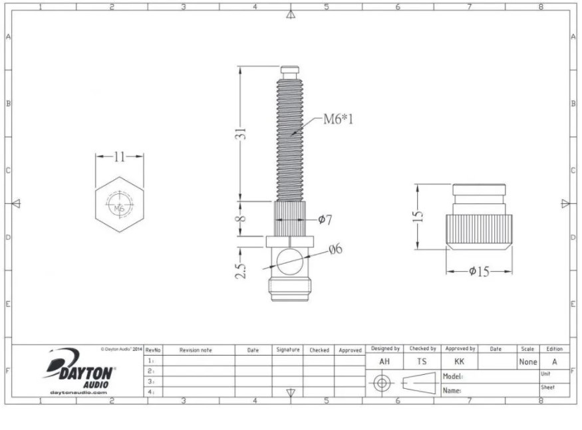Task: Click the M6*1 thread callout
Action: click(x=338, y=120)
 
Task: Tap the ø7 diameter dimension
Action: click(x=325, y=220)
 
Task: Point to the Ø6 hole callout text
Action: click(x=335, y=250)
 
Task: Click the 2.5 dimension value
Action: click(x=242, y=270)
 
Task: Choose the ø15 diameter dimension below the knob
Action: click(x=479, y=272)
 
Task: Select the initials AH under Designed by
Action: click(x=384, y=362)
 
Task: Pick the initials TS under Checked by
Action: click(x=422, y=362)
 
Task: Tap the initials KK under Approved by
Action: click(x=460, y=362)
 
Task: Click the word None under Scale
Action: click(x=528, y=362)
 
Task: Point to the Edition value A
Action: click(x=555, y=362)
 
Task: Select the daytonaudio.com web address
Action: click(x=78, y=393)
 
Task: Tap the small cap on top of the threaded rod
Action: click(x=289, y=70)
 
